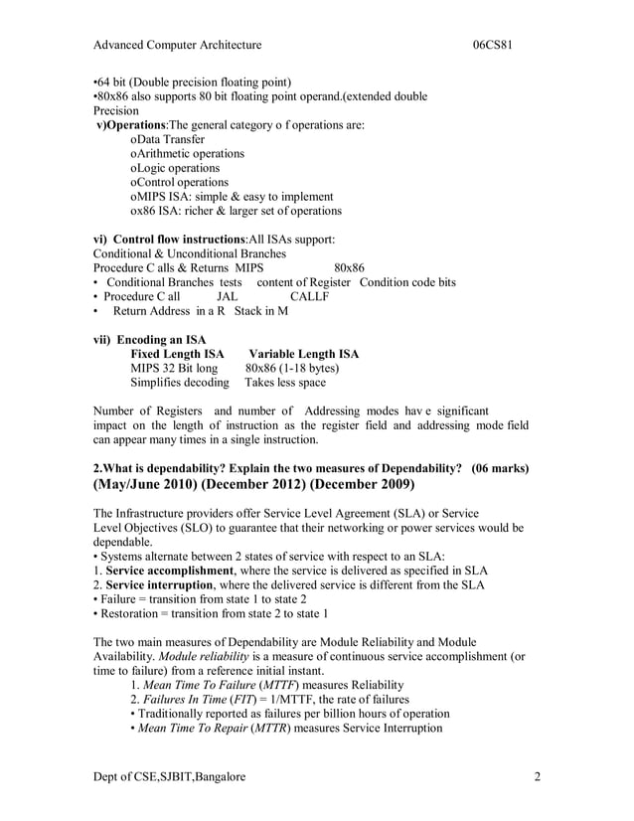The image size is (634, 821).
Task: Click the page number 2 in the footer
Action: [536, 776]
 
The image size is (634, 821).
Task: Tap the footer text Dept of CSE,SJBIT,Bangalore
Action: [170, 776]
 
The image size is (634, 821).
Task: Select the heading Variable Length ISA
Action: [303, 354]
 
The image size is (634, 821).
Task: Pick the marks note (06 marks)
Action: [500, 467]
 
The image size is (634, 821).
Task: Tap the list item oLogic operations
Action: [177, 168]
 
